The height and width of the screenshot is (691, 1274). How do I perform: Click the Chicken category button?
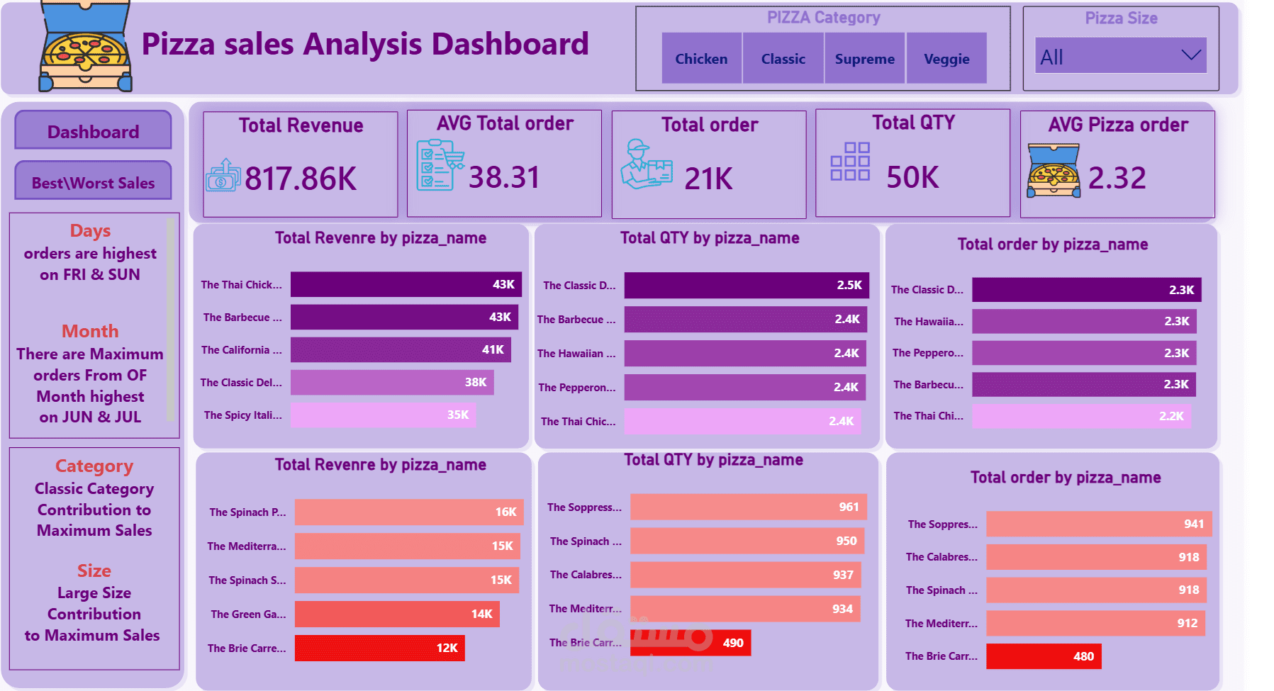click(701, 59)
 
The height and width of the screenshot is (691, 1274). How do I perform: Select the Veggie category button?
click(946, 59)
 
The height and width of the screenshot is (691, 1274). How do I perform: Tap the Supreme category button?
click(864, 59)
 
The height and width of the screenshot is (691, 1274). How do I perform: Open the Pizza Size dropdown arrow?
click(1191, 55)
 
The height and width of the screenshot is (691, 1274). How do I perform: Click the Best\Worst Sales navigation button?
click(93, 181)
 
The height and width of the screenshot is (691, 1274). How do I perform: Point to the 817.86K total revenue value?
click(301, 179)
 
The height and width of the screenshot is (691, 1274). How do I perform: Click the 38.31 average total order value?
click(504, 177)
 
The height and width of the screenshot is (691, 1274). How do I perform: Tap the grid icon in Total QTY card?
click(849, 162)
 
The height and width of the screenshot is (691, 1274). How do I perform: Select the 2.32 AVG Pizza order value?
click(1117, 178)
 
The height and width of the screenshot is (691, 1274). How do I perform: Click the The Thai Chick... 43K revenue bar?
click(406, 284)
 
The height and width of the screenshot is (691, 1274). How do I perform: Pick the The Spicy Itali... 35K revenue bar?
click(383, 415)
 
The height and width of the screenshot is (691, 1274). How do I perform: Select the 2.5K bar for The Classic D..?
click(746, 285)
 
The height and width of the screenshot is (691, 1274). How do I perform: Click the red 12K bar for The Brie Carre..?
click(379, 648)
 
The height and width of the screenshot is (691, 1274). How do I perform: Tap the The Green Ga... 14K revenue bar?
click(397, 614)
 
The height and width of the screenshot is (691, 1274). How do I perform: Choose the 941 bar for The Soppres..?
click(1099, 524)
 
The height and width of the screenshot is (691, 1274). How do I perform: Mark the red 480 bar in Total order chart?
click(1044, 656)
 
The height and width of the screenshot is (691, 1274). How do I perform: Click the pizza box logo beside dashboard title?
click(85, 47)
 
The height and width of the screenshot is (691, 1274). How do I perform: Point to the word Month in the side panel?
click(90, 331)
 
